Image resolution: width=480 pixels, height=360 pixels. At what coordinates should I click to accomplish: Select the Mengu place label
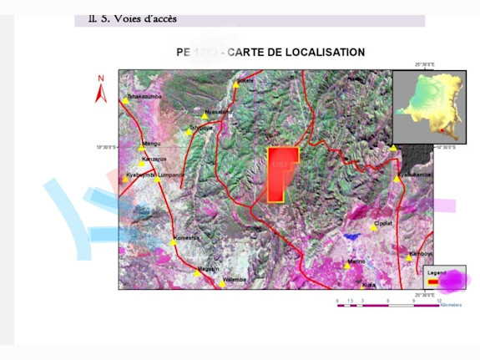click(151, 144)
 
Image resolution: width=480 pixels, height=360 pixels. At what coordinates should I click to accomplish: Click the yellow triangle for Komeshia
click(174, 242)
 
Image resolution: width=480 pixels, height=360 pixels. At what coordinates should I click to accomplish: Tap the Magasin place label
click(209, 268)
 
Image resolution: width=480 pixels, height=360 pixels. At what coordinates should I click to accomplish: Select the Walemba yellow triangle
click(222, 284)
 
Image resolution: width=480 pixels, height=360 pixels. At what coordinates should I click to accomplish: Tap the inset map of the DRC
click(429, 107)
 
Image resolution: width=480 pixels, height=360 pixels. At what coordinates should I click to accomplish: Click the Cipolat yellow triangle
click(374, 228)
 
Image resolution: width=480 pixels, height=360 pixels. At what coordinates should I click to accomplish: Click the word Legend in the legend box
click(437, 272)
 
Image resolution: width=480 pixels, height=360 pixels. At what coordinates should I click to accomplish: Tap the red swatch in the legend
click(433, 282)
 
